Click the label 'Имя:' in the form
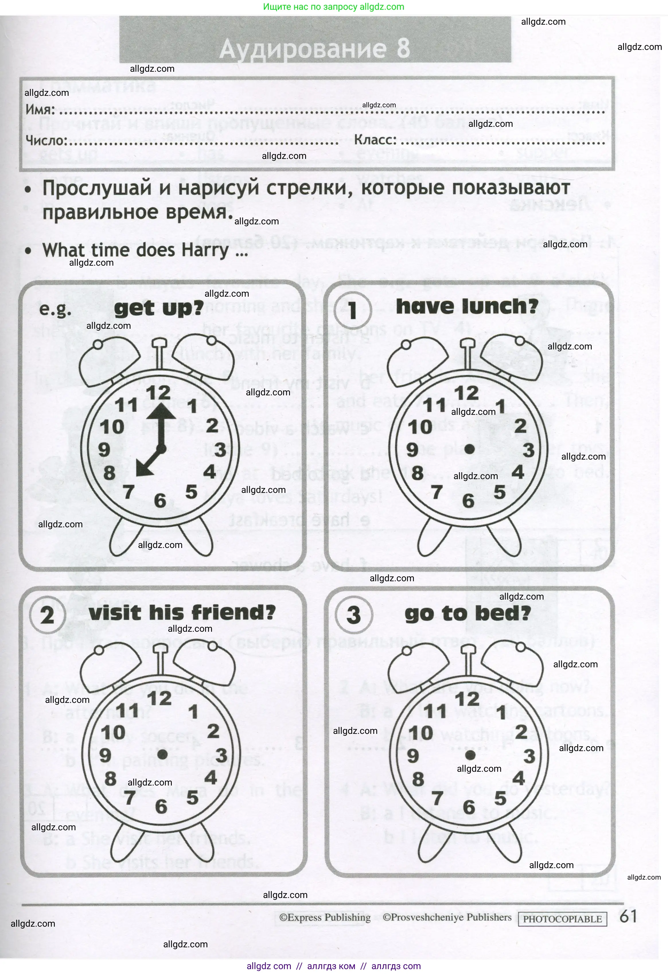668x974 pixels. (x=40, y=110)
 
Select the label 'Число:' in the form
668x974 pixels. (x=46, y=140)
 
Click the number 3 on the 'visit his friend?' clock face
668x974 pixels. (x=221, y=756)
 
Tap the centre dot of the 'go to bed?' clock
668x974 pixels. (x=470, y=755)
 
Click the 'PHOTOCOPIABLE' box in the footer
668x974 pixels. (x=562, y=919)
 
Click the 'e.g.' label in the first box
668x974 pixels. (x=55, y=310)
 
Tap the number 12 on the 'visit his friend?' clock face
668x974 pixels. (x=159, y=699)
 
